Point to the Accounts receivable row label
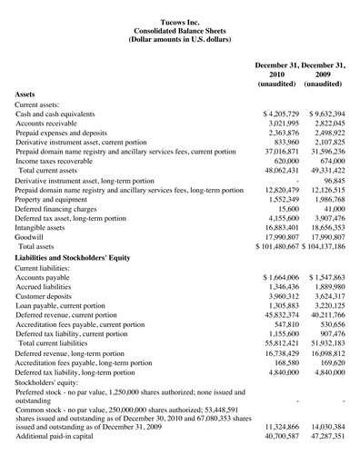52,127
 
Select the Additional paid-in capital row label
61,457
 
